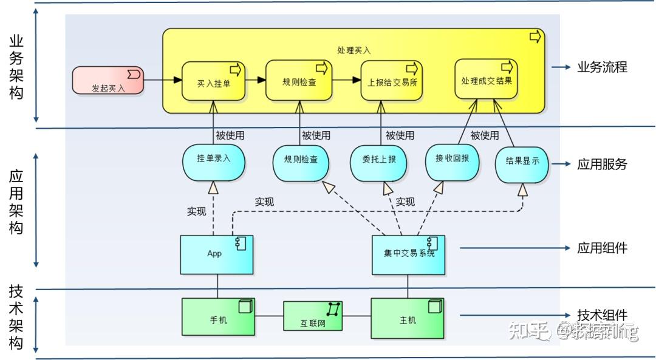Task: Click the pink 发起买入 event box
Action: [108, 81]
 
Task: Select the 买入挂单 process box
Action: [214, 81]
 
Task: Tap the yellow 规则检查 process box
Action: [299, 81]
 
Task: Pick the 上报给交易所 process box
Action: [392, 81]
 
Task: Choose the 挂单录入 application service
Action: [214, 158]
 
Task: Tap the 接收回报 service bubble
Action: [453, 161]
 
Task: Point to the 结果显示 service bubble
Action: [522, 163]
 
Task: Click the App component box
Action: [217, 254]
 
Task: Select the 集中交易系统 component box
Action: [408, 254]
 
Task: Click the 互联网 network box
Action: [313, 316]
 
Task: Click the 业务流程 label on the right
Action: [601, 67]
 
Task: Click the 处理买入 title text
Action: [354, 50]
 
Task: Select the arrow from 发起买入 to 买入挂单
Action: [163, 80]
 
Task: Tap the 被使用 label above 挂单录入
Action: [230, 135]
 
